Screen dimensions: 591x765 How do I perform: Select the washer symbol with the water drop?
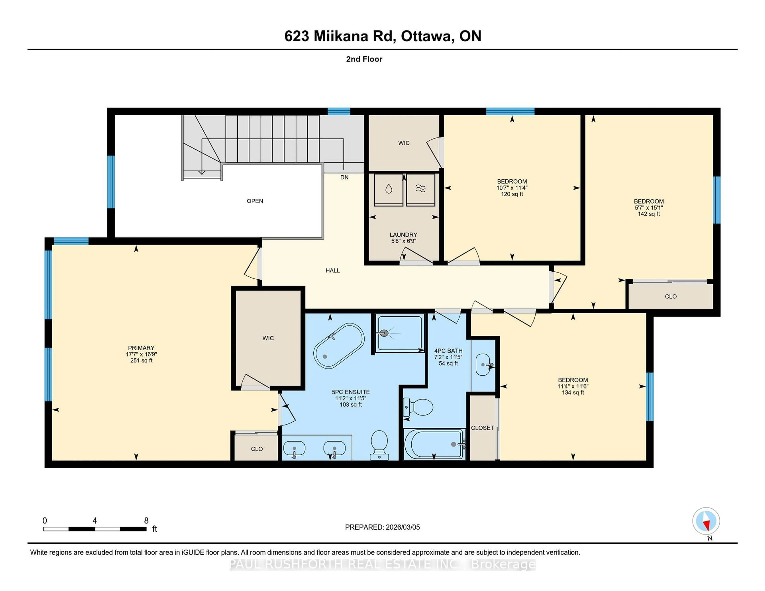tap(388, 189)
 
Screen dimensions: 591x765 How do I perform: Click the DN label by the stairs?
tap(344, 177)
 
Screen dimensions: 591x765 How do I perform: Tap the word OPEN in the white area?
tap(255, 201)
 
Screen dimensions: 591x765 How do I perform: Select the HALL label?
tap(332, 270)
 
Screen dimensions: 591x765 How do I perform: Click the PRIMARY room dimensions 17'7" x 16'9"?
tap(141, 354)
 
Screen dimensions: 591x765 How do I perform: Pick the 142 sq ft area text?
tap(648, 214)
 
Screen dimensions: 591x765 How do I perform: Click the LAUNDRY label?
tap(403, 235)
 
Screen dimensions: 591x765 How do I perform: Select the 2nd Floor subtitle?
tap(364, 59)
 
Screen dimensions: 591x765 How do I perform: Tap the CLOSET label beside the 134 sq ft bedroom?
tap(482, 428)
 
